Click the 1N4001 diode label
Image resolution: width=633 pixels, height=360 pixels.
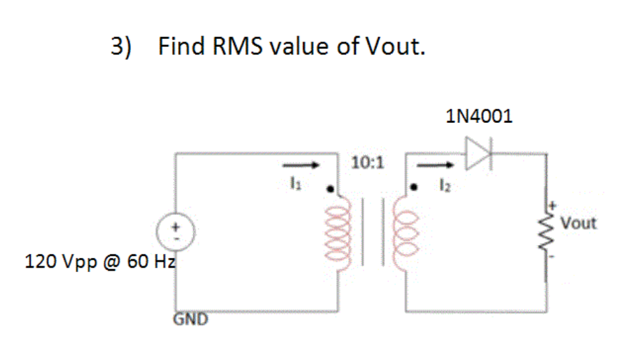(x=478, y=116)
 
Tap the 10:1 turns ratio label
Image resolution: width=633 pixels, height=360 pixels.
(x=368, y=163)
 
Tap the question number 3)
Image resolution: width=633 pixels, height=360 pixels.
(x=122, y=47)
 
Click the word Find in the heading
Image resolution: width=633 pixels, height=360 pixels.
(x=181, y=47)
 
